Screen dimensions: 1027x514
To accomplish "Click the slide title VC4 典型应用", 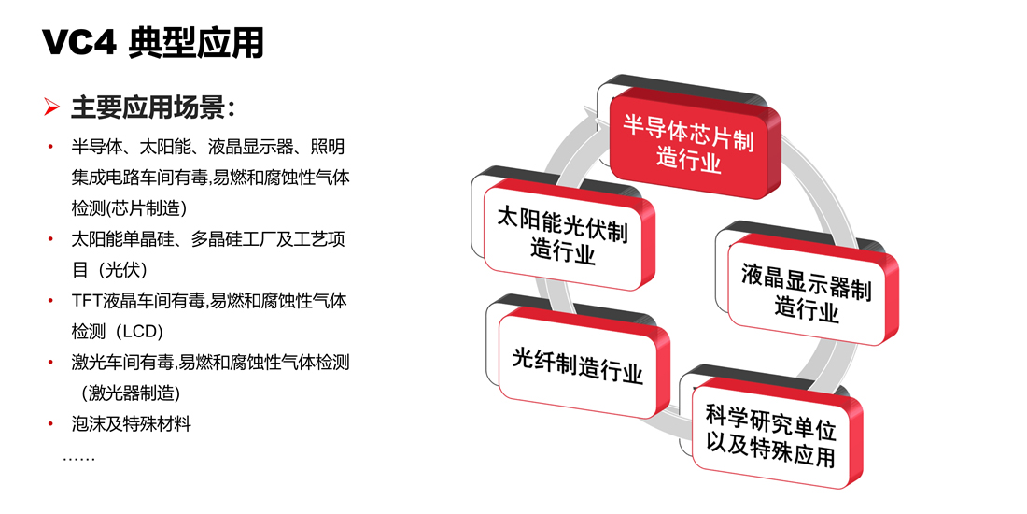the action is click(153, 43).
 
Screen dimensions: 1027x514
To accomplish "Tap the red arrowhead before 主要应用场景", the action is click(52, 107).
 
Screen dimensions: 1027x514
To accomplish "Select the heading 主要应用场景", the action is click(153, 107).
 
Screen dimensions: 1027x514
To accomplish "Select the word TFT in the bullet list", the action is click(84, 301).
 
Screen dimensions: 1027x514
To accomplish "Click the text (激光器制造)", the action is click(131, 393).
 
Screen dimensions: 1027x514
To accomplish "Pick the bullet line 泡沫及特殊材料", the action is click(131, 424).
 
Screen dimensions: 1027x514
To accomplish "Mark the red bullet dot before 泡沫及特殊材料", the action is click(50, 424).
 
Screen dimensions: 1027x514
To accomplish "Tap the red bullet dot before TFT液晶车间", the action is click(50, 301).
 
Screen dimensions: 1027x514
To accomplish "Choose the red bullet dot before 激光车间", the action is click(50, 363).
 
